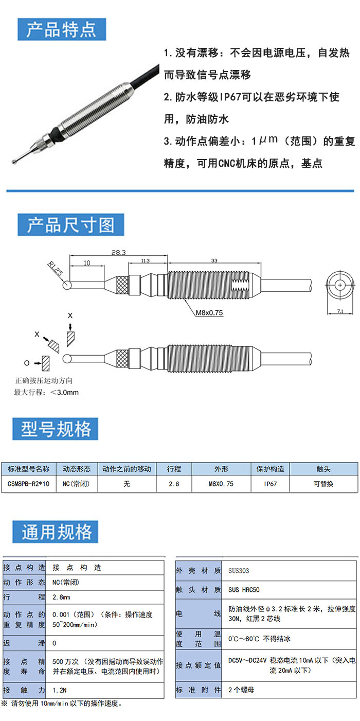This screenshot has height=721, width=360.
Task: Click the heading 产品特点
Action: pos(61,29)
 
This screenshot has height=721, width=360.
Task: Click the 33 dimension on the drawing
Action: pos(214,261)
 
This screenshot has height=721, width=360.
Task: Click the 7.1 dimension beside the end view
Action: pos(340,311)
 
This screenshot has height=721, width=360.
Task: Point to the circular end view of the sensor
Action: pos(340,285)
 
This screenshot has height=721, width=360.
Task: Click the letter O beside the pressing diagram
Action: pos(27,363)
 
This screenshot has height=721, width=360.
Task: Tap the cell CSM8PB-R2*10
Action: pos(29,484)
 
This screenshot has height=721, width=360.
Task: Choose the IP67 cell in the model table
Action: pos(270,484)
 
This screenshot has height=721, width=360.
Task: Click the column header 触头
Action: pos(323,469)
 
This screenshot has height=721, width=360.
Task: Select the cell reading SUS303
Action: pos(239,571)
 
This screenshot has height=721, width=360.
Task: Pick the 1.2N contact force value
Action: pos(60,690)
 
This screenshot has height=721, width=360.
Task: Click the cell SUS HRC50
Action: pos(244,590)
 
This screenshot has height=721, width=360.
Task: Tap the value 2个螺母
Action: pos(241,690)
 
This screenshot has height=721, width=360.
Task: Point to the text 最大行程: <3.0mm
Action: pos(46,392)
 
